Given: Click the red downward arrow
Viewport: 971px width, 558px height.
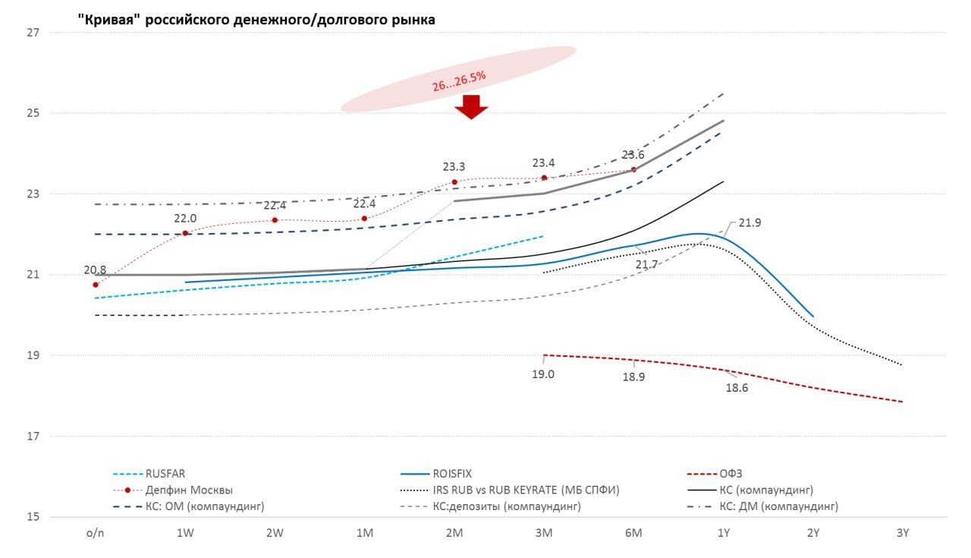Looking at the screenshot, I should [471, 107].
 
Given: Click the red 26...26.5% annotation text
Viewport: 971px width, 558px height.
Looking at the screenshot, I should [459, 81].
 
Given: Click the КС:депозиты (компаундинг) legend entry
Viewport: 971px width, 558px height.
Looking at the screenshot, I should [507, 506].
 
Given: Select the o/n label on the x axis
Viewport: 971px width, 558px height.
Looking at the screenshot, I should [96, 533].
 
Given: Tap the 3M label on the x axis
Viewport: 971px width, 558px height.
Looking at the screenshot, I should [544, 533].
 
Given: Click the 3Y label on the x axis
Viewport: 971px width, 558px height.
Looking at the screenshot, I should [902, 533].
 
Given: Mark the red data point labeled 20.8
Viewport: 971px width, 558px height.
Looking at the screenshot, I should [96, 285].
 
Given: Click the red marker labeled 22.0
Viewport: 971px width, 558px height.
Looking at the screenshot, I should [185, 233].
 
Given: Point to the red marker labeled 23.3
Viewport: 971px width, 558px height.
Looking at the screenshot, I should [454, 182].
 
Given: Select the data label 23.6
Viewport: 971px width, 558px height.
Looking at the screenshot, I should [633, 155].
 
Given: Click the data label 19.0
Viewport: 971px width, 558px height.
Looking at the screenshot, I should [543, 374].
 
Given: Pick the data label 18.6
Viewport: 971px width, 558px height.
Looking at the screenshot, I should [737, 388].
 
